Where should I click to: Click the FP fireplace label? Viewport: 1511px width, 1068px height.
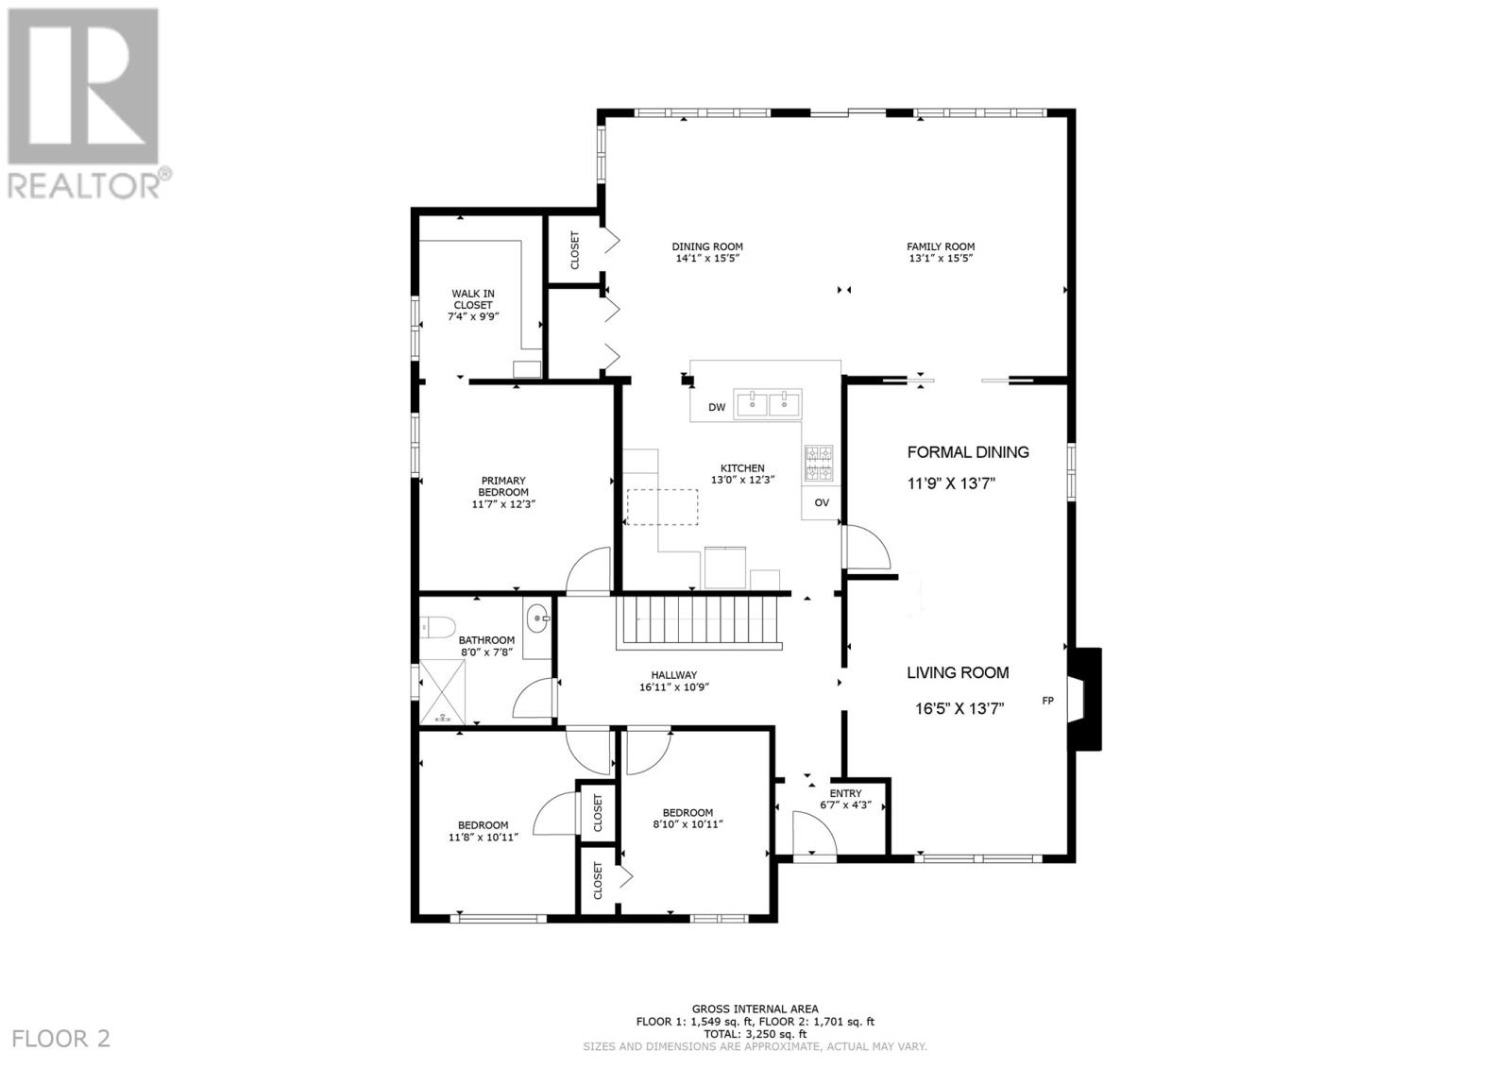click(1047, 701)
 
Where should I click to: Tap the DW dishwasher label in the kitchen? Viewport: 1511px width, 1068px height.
click(717, 408)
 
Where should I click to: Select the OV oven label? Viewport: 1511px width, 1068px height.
click(822, 502)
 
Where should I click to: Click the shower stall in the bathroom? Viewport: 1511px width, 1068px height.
click(443, 692)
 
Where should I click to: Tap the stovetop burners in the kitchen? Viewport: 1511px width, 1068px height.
click(819, 463)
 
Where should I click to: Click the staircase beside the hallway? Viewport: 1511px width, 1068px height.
click(701, 620)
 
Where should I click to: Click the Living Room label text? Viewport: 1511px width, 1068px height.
click(958, 672)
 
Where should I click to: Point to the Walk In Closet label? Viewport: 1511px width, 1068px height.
click(472, 299)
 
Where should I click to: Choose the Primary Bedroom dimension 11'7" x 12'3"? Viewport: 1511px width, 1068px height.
click(503, 504)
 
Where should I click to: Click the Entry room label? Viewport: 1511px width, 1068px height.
click(845, 793)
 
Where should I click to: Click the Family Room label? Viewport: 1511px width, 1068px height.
click(941, 246)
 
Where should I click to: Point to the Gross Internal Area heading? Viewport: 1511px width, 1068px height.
click(755, 1009)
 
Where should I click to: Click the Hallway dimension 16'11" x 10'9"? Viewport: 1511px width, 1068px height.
click(673, 687)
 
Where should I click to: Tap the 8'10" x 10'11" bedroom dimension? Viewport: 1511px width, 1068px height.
click(688, 824)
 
